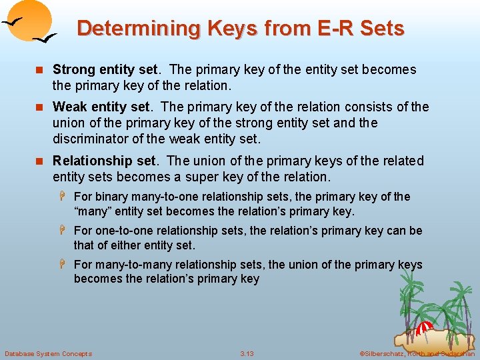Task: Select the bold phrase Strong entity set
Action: pyautogui.click(x=105, y=70)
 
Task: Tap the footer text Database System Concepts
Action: pyautogui.click(x=48, y=353)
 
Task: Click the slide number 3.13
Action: pyautogui.click(x=247, y=353)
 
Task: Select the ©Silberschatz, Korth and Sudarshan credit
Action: pyautogui.click(x=417, y=353)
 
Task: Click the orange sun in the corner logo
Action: pyautogui.click(x=30, y=18)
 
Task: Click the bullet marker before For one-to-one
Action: pyautogui.click(x=65, y=231)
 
